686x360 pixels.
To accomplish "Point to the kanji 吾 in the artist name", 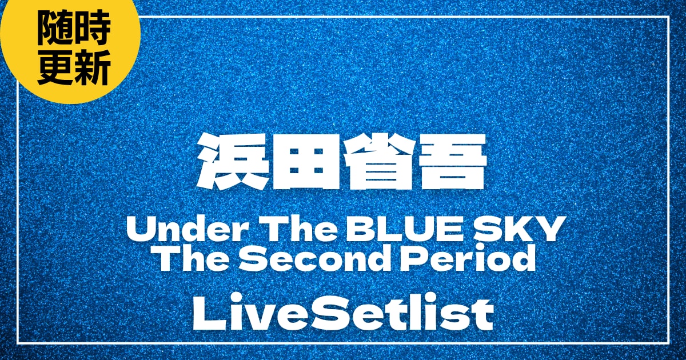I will click(x=455, y=163).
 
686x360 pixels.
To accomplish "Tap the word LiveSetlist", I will click(x=343, y=314).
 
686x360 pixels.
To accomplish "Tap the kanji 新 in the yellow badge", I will click(x=91, y=70).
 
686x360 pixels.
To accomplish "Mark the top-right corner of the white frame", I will click(x=668, y=18).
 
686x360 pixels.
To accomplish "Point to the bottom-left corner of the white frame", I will click(x=18, y=343).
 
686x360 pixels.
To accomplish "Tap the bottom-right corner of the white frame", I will click(x=668, y=343).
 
